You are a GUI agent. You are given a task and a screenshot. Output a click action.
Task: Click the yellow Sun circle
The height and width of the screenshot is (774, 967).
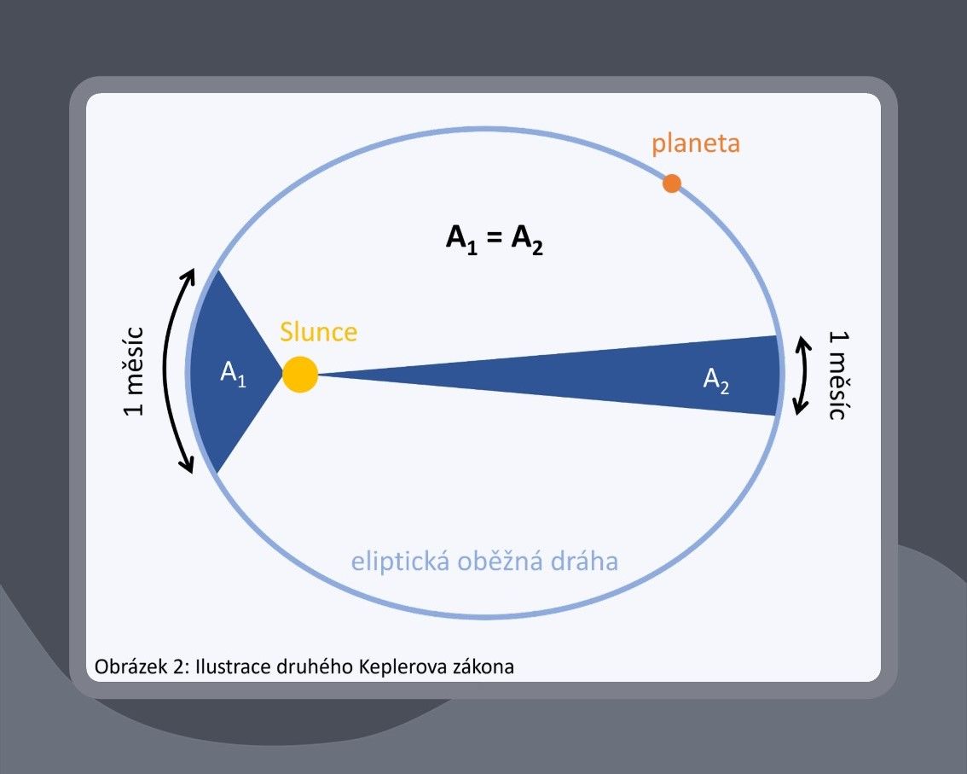point(299,374)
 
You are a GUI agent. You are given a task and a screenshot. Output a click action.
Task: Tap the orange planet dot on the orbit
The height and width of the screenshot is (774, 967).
point(672,183)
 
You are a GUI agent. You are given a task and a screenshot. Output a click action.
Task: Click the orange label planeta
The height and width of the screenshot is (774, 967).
point(696,144)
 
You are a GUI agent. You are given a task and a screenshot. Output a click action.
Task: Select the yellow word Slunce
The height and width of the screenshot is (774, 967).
point(318,332)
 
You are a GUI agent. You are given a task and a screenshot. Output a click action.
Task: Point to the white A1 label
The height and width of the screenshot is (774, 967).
point(233,374)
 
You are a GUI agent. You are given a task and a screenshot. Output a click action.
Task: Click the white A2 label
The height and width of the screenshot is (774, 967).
point(716,380)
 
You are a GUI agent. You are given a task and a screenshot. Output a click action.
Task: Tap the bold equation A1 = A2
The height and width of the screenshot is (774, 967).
point(494,240)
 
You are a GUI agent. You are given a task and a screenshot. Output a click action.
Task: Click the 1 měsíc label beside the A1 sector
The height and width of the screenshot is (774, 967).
point(134,371)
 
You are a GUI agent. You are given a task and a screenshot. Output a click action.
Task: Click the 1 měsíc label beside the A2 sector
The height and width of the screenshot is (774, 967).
point(838,375)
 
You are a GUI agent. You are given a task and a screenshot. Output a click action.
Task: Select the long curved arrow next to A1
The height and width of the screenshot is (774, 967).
point(166,370)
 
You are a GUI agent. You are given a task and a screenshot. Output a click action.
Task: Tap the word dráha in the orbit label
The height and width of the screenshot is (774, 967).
point(585,561)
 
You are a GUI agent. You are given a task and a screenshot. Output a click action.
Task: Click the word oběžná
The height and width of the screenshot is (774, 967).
point(500,561)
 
